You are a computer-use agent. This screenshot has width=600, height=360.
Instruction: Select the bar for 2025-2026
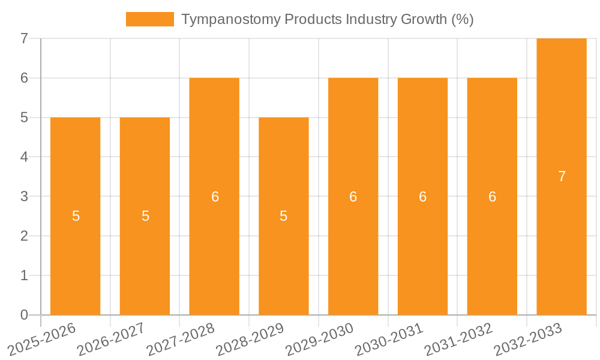[x=75, y=216]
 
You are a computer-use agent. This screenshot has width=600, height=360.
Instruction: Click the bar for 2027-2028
[x=214, y=196]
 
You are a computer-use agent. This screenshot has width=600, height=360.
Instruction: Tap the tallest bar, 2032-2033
[x=562, y=176]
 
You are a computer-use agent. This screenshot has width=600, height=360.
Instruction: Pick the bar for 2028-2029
[x=284, y=216]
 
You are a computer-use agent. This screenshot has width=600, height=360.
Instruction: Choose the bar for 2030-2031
[x=422, y=196]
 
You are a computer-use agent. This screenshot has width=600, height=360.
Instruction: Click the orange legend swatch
[x=149, y=19]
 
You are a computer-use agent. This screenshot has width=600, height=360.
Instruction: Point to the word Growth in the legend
[x=425, y=19]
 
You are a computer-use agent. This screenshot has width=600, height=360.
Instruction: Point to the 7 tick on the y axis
[x=24, y=38]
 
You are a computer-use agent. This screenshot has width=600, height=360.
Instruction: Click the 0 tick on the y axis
[x=24, y=315]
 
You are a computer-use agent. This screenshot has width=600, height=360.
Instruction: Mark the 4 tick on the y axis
[x=24, y=157]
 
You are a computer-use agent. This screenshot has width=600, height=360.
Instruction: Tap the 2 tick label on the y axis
[x=24, y=236]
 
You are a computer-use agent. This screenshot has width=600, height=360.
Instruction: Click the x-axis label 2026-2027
[x=111, y=338]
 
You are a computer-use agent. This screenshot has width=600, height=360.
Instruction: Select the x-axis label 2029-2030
[x=319, y=338]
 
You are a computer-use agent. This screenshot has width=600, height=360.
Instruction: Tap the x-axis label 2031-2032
[x=458, y=338]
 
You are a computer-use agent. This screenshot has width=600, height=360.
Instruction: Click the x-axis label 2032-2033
[x=527, y=338]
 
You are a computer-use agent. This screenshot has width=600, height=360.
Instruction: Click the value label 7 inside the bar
[x=562, y=176]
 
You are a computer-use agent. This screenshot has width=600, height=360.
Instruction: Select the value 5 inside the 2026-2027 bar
[x=145, y=216]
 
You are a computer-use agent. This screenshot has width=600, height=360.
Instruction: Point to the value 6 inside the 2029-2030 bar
[x=353, y=196]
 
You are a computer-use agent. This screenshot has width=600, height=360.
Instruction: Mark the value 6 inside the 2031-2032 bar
[x=492, y=196]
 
